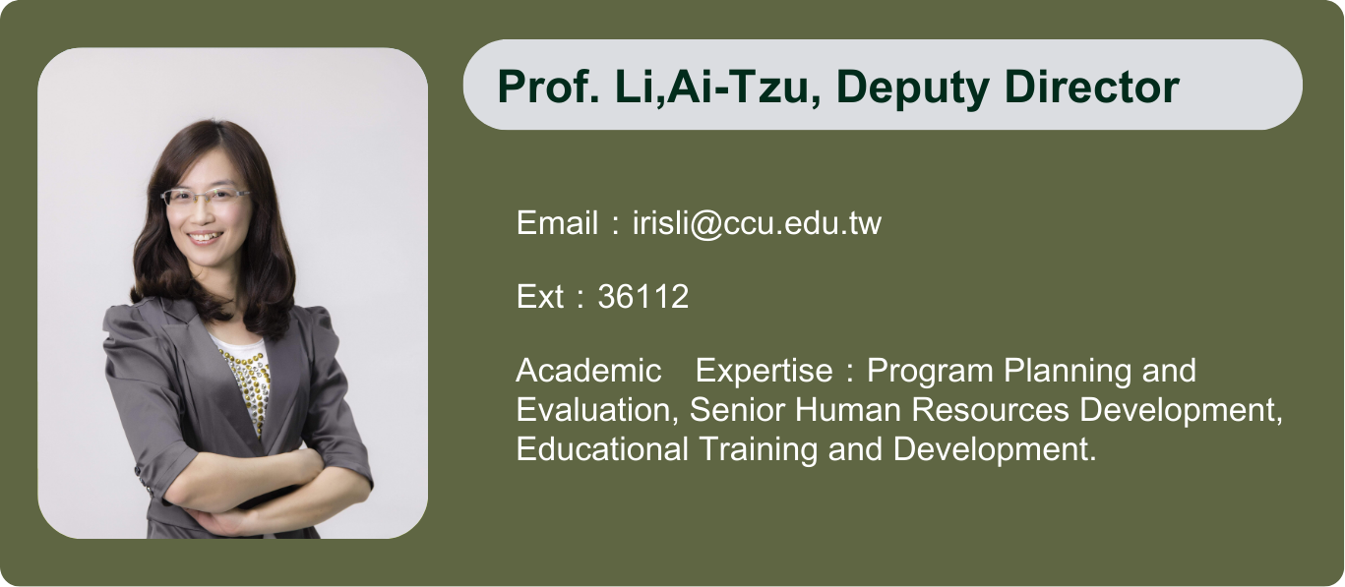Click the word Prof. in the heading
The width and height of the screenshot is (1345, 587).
click(548, 88)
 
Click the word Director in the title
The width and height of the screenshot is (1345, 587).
click(1092, 88)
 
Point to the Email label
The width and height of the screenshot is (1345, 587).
click(557, 222)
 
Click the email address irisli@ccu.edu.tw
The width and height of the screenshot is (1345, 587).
click(758, 223)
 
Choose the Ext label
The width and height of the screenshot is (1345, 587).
click(540, 297)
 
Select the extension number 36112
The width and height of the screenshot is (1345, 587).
click(643, 297)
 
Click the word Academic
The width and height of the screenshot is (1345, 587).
click(588, 371)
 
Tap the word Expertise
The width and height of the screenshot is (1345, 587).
click(764, 372)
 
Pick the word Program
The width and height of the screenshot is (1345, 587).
click(930, 372)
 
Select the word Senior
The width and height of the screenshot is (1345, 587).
click(737, 410)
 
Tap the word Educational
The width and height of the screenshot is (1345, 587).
click(602, 449)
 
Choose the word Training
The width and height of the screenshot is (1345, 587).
click(759, 450)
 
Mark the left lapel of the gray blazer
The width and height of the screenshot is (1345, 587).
click(198, 372)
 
